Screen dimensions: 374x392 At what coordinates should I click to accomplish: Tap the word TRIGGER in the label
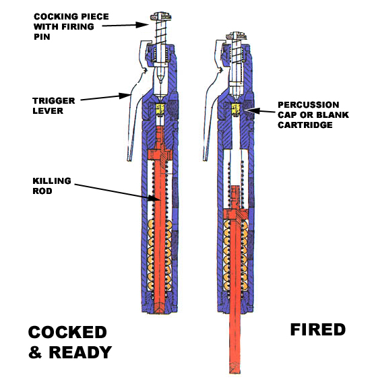[x=54, y=101]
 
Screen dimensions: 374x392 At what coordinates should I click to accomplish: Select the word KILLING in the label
[x=52, y=181]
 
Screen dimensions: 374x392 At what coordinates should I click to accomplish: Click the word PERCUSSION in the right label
[x=309, y=105]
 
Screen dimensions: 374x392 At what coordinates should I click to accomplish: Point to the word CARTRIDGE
[x=305, y=125]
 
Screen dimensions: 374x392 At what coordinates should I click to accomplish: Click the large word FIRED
[x=318, y=330]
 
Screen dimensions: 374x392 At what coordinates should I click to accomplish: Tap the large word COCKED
[x=67, y=332]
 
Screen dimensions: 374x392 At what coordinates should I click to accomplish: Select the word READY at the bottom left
[x=80, y=352]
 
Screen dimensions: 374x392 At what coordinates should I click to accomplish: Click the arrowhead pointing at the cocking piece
[x=142, y=24]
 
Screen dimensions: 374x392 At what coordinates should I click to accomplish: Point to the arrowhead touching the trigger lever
[x=125, y=96]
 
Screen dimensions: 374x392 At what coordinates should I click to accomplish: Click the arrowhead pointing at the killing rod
[x=154, y=198]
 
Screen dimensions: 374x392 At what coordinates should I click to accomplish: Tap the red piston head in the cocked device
[x=160, y=155]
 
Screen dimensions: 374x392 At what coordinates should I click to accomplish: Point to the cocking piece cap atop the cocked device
[x=160, y=17]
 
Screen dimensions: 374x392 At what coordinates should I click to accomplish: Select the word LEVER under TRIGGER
[x=48, y=110]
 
